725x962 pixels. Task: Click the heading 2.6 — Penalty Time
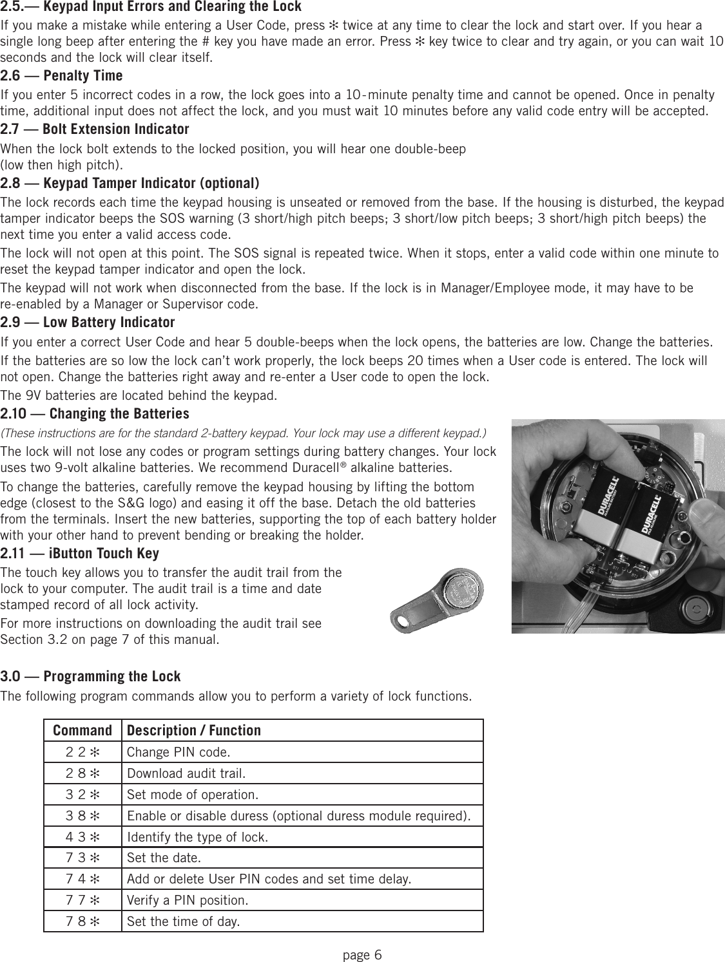click(62, 76)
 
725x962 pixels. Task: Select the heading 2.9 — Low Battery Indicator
click(88, 322)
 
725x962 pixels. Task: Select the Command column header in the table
click(82, 731)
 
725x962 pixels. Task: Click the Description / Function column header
click(194, 731)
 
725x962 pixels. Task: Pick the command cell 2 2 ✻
click(82, 752)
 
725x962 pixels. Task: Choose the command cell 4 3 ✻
click(82, 837)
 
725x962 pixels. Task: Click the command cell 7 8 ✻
click(82, 921)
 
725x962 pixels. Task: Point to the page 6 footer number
click(362, 954)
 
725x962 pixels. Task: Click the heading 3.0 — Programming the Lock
click(90, 677)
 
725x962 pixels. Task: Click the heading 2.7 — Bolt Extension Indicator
click(95, 129)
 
